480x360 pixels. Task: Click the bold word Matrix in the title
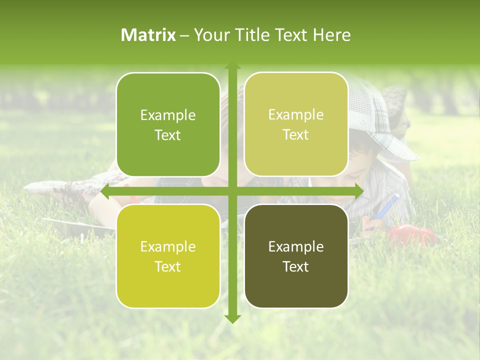[148, 35]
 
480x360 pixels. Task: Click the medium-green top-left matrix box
[168, 125]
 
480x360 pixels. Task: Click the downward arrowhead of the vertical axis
[232, 318]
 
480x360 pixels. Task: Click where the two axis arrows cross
[232, 191]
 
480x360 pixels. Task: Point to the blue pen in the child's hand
[387, 206]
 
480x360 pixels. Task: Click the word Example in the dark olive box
[296, 246]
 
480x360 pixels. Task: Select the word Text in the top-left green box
[168, 135]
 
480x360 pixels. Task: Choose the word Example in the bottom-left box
[168, 246]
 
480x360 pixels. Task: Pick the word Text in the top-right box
[296, 135]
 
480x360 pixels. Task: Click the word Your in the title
[210, 35]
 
